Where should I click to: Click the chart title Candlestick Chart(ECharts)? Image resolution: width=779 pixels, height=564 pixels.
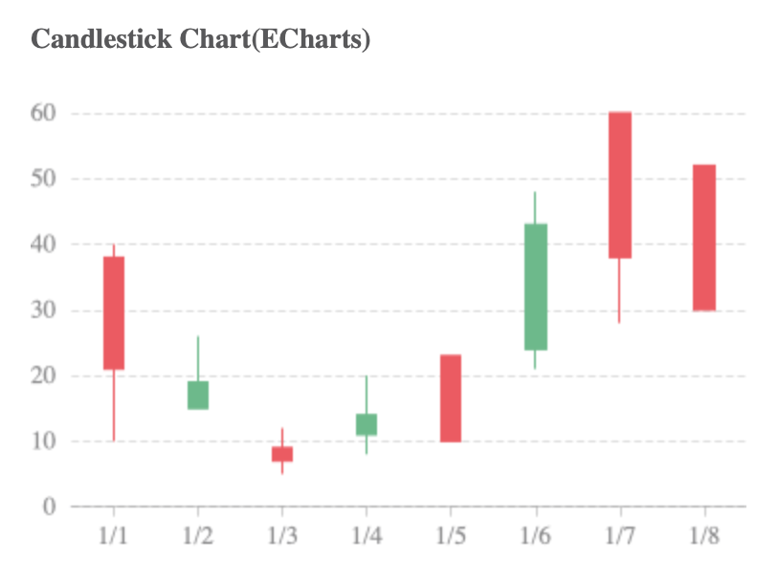pyautogui.click(x=201, y=40)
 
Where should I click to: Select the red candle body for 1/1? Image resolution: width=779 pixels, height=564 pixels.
pyautogui.click(x=114, y=313)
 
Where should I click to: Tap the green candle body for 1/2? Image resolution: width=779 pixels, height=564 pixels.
pyautogui.click(x=198, y=395)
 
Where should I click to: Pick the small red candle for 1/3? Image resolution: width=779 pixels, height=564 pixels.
pyautogui.click(x=282, y=454)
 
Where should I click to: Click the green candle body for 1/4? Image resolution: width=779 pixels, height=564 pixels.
pyautogui.click(x=367, y=424)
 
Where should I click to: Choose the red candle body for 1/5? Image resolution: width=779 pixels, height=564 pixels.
pyautogui.click(x=451, y=398)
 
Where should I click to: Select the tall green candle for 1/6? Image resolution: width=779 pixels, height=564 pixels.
pyautogui.click(x=535, y=286)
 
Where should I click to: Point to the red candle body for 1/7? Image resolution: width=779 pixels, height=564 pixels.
pyautogui.click(x=619, y=185)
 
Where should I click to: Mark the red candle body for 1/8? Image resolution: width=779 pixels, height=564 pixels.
pyautogui.click(x=703, y=237)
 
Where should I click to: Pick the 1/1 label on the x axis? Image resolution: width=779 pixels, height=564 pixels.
pyautogui.click(x=114, y=535)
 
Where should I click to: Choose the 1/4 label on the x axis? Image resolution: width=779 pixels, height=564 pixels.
pyautogui.click(x=367, y=535)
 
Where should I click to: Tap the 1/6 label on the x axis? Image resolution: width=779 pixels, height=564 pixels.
pyautogui.click(x=535, y=535)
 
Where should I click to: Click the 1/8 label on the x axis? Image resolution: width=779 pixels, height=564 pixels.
pyautogui.click(x=703, y=535)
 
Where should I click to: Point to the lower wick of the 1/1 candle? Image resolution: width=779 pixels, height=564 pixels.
pyautogui.click(x=114, y=406)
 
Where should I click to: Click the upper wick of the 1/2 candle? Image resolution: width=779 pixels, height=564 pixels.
pyautogui.click(x=198, y=358)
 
